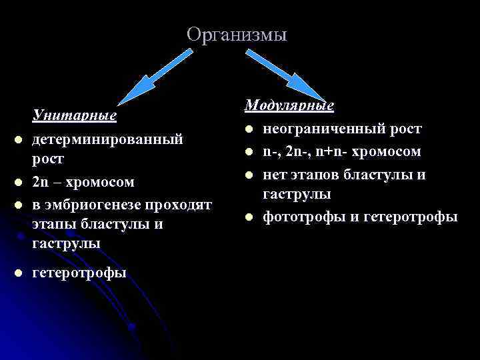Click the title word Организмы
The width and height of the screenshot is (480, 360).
(237, 34)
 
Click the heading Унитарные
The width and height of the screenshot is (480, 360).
(75, 116)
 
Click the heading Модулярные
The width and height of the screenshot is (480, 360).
(289, 105)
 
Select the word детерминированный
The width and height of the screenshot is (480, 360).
(107, 139)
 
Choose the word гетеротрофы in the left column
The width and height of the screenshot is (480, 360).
(79, 272)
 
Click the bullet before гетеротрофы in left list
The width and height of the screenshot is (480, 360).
(18, 273)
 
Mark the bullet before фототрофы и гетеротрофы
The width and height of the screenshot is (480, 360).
(249, 217)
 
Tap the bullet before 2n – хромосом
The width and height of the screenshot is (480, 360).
(18, 182)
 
